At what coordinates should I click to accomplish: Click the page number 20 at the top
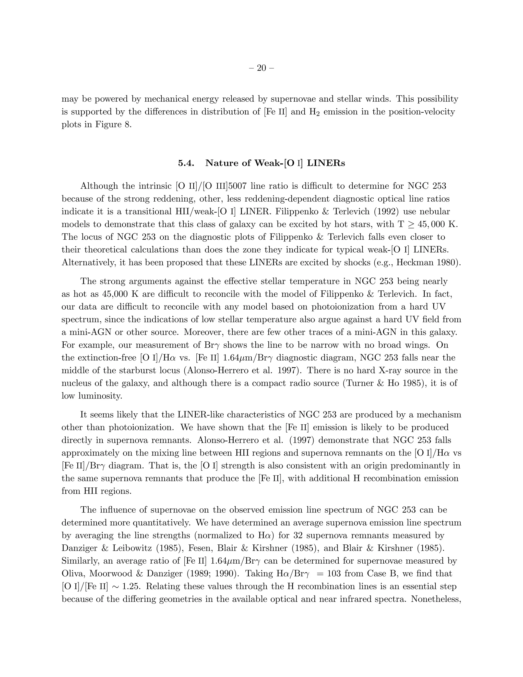pyautogui.click(x=261, y=68)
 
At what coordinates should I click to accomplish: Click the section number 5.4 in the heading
pyautogui.click(x=186, y=163)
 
